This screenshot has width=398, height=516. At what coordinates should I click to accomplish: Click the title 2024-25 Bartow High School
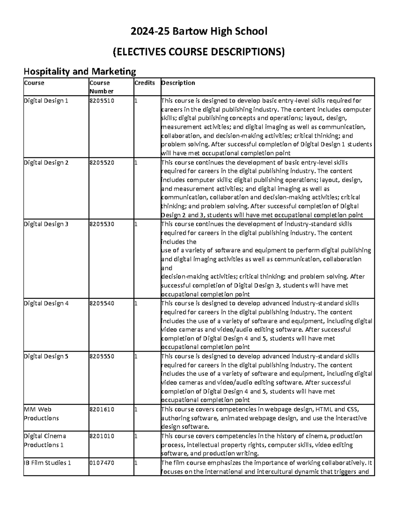click(199, 32)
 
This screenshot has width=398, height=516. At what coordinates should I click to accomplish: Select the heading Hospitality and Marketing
click(80, 71)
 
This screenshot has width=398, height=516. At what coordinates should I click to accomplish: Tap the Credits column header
click(145, 83)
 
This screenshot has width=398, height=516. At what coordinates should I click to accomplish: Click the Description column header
click(178, 83)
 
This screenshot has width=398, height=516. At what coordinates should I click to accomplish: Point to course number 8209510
click(101, 101)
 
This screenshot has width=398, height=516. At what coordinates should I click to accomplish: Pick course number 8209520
click(101, 162)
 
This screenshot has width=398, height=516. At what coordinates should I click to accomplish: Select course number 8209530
click(101, 224)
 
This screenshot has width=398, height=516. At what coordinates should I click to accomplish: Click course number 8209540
click(101, 303)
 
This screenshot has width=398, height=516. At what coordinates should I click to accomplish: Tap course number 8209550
click(101, 356)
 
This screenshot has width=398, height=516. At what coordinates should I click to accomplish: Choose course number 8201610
click(101, 409)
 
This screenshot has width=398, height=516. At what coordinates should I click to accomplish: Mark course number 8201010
click(101, 436)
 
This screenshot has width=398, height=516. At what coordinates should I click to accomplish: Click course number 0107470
click(101, 463)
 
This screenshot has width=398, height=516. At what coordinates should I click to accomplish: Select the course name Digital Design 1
click(46, 101)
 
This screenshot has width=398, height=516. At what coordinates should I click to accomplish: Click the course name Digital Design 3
click(46, 224)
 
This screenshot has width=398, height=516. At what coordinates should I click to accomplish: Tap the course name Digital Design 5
click(46, 356)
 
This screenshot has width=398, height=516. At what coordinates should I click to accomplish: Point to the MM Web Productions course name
click(41, 414)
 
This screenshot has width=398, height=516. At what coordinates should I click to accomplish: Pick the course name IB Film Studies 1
click(47, 463)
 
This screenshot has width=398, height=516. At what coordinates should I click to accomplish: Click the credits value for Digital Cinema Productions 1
click(135, 436)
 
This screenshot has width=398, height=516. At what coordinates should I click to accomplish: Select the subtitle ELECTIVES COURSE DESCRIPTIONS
click(199, 52)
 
